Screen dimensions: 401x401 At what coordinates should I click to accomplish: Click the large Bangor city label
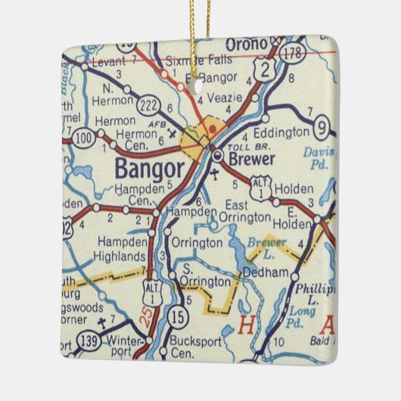click(150, 167)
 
